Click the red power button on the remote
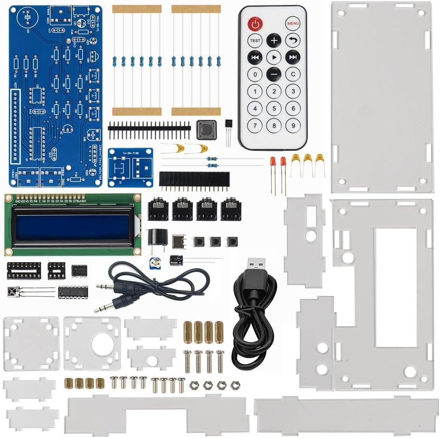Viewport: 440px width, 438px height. pyautogui.click(x=255, y=23)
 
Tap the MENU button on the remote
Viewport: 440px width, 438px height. pyautogui.click(x=293, y=23)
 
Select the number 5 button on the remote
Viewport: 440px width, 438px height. pyautogui.click(x=274, y=108)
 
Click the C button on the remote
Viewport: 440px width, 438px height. pyautogui.click(x=293, y=74)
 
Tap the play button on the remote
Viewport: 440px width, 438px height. pyautogui.click(x=274, y=57)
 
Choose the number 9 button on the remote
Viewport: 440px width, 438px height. pyautogui.click(x=293, y=125)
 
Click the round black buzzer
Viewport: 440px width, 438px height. pyautogui.click(x=157, y=238)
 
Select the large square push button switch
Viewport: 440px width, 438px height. pyautogui.click(x=206, y=130)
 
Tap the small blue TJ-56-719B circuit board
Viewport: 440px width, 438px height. pyautogui.click(x=130, y=167)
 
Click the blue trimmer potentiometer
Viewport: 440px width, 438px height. pyautogui.click(x=157, y=262)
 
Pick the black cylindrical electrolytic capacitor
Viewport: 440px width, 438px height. pyautogui.click(x=176, y=260)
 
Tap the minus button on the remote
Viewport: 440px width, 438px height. pyautogui.click(x=274, y=74)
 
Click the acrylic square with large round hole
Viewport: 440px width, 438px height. pyautogui.click(x=92, y=343)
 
